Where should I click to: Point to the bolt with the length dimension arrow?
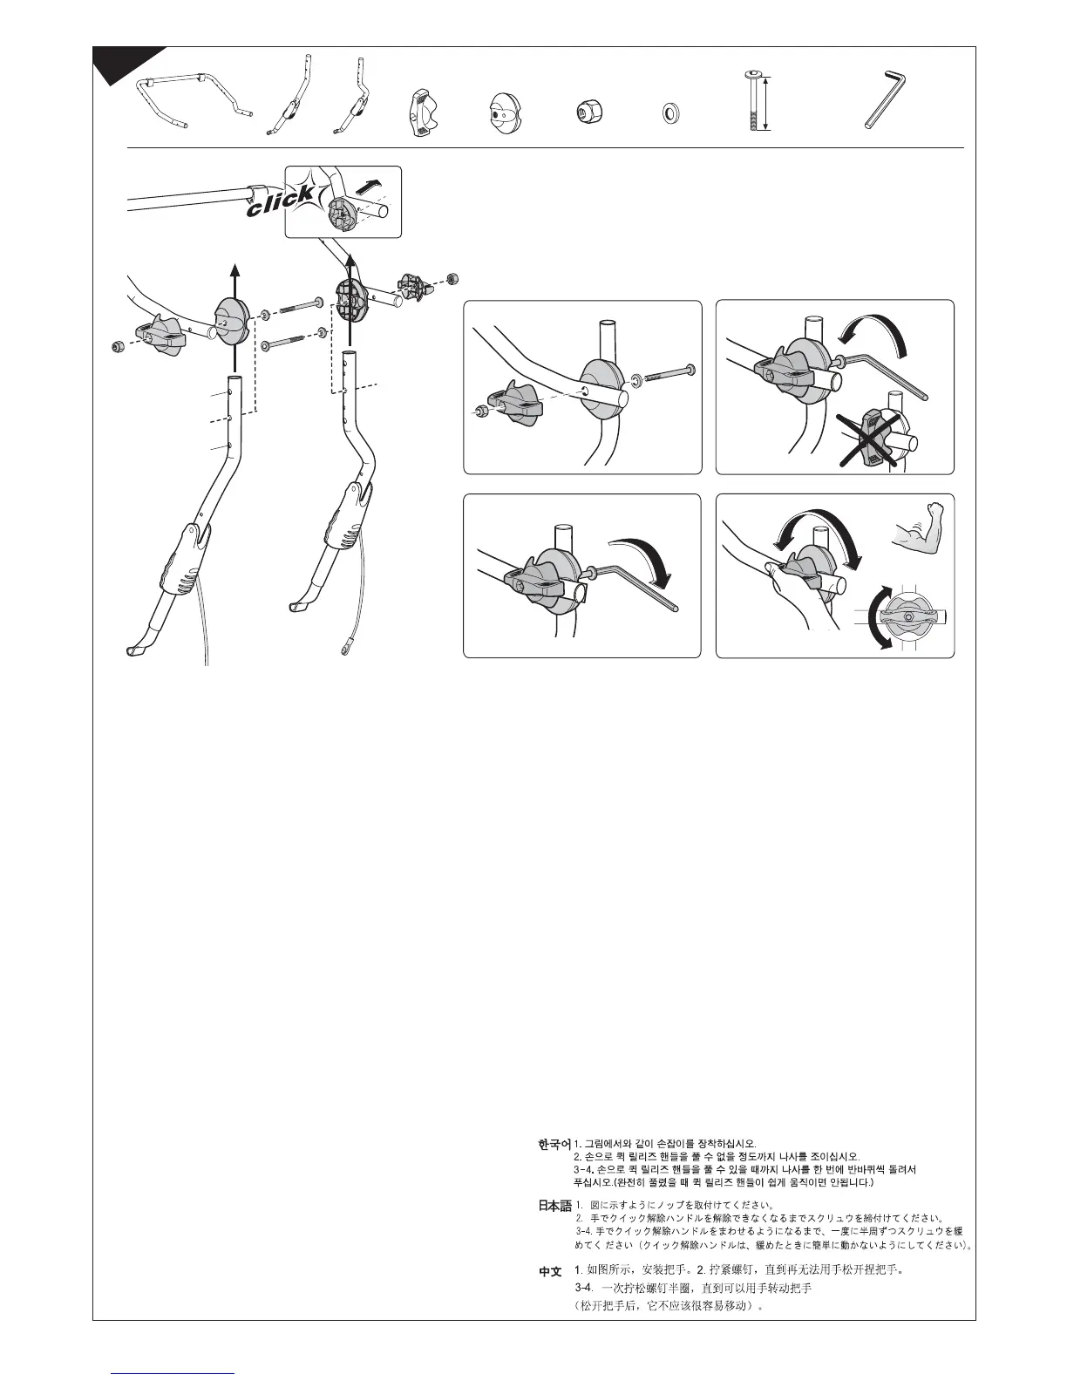tap(752, 102)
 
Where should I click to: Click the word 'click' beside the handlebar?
tap(280, 201)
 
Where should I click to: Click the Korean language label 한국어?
tap(554, 1143)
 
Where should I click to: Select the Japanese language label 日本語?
tap(554, 1207)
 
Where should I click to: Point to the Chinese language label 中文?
tap(550, 1273)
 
